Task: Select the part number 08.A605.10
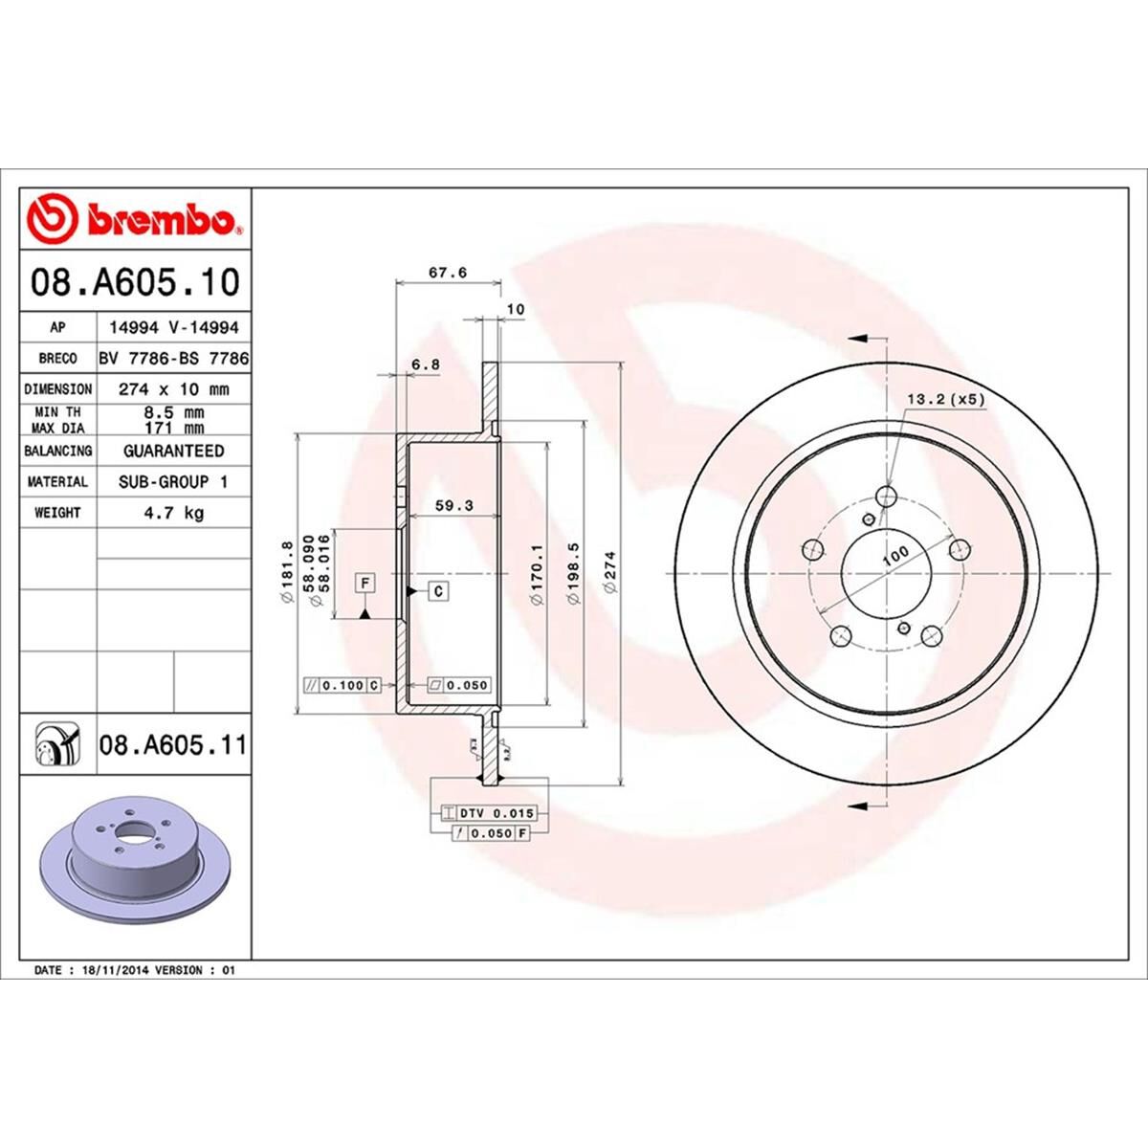(x=134, y=284)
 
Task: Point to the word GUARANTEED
(x=173, y=451)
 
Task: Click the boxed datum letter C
(x=437, y=592)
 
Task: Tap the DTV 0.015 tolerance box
(x=493, y=813)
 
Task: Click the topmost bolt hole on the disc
(x=887, y=496)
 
